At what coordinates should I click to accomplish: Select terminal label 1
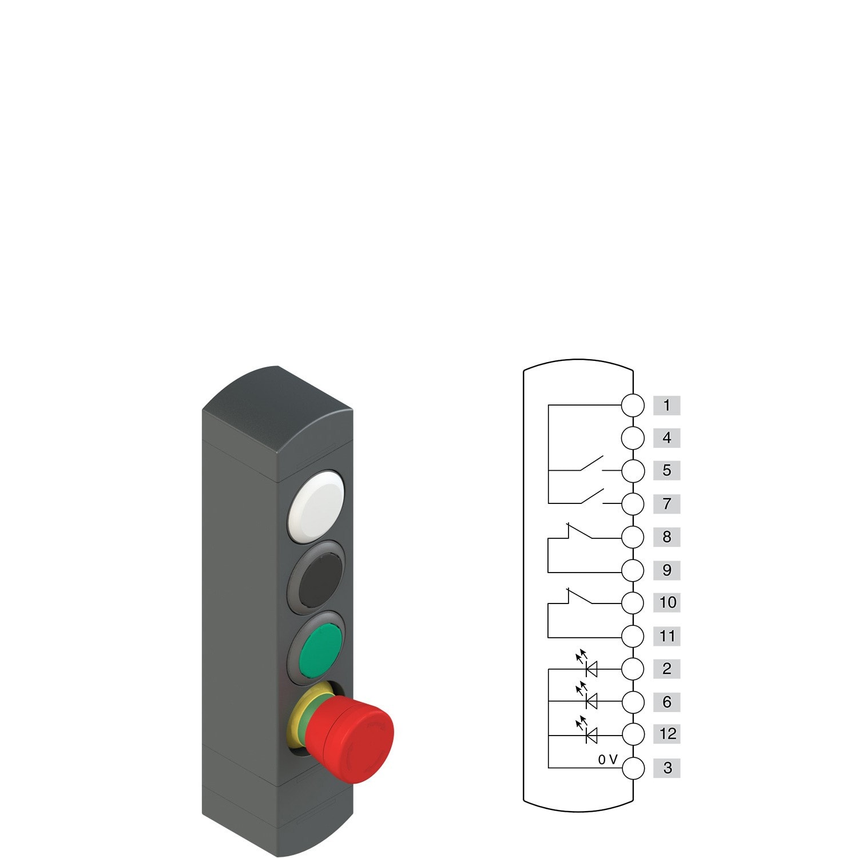(x=666, y=406)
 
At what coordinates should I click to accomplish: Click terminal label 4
(x=666, y=438)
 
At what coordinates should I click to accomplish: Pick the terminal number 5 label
(x=666, y=470)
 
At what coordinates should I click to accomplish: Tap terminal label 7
(x=666, y=504)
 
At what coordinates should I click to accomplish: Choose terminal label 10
(x=666, y=602)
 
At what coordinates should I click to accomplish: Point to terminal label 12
(x=666, y=733)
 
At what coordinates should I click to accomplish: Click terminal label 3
(x=666, y=768)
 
